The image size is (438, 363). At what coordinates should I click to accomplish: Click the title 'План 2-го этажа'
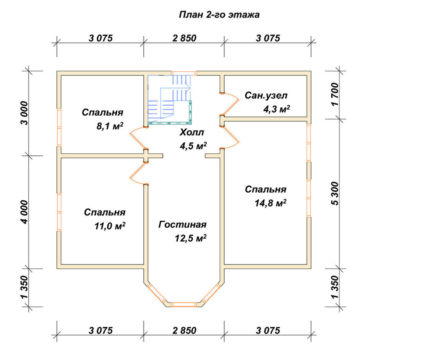(219, 14)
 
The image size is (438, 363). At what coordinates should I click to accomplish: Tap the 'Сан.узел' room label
(266, 95)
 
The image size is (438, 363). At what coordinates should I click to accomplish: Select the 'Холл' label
(192, 132)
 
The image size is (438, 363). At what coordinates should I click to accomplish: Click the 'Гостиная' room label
(182, 225)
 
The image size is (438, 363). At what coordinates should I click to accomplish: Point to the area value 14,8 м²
(270, 203)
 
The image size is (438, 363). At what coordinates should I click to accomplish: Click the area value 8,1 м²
(110, 126)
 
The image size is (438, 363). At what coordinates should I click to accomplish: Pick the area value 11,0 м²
(110, 226)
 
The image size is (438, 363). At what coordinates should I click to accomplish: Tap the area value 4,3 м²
(276, 109)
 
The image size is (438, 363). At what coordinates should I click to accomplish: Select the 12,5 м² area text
(191, 238)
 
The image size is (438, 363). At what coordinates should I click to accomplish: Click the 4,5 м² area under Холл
(193, 146)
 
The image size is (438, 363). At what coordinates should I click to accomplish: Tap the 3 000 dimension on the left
(25, 113)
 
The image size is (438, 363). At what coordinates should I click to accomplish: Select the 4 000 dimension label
(25, 212)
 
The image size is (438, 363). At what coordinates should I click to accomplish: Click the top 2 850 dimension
(184, 38)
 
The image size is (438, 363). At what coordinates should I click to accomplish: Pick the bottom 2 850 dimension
(184, 331)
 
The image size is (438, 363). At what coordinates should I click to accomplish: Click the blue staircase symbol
(169, 99)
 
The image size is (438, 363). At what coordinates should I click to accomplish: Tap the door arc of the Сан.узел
(231, 104)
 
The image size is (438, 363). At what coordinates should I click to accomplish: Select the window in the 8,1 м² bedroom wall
(59, 127)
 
